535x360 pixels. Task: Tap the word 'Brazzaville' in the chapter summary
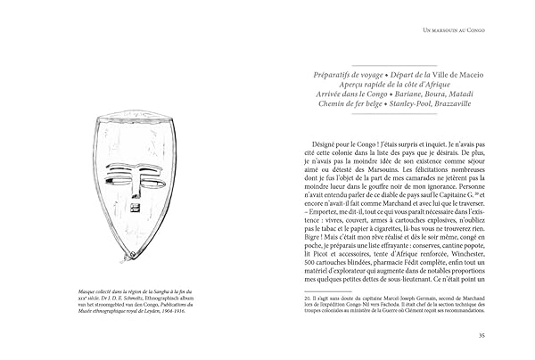pyautogui.click(x=449, y=103)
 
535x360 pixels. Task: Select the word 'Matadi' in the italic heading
pyautogui.click(x=465, y=92)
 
